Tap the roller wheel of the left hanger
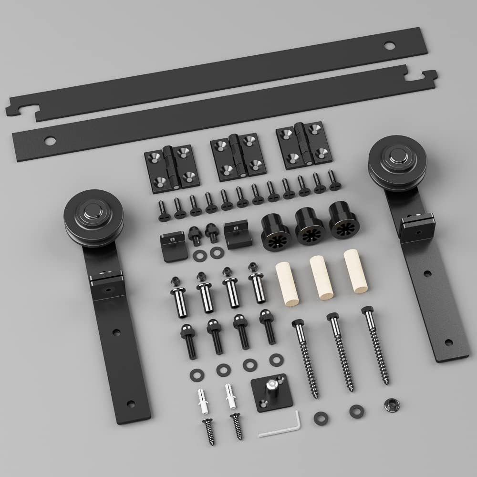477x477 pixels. click(x=93, y=217)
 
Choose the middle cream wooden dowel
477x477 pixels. click(x=321, y=278)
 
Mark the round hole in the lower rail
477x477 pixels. click(x=50, y=141)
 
